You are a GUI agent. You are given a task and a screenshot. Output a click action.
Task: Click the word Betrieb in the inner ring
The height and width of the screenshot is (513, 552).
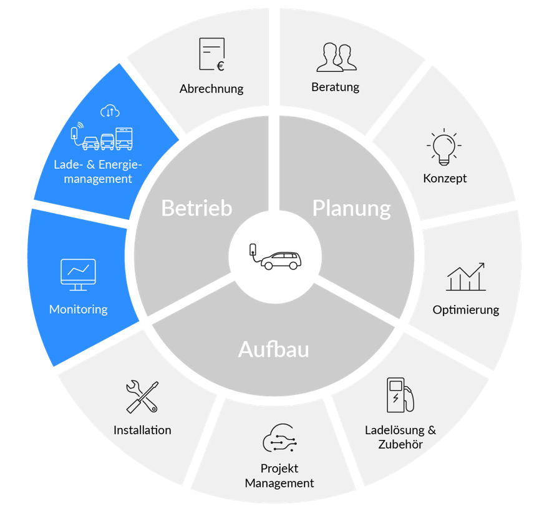coord(196,208)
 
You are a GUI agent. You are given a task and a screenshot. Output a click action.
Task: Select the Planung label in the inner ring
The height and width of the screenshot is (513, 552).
coord(351,208)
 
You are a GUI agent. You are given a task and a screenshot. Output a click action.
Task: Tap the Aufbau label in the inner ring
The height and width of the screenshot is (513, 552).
coord(274,349)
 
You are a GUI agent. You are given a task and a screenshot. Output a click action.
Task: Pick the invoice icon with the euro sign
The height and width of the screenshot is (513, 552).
coord(211,55)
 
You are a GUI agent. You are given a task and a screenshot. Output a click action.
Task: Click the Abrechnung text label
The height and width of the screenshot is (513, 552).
coord(211,89)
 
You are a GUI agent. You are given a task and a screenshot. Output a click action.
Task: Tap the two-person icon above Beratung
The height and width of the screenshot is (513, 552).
coord(336,57)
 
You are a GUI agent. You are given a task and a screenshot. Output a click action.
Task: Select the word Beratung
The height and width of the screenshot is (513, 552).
coord(336,87)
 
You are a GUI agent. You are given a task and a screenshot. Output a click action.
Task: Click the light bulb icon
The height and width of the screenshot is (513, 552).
coord(444,147)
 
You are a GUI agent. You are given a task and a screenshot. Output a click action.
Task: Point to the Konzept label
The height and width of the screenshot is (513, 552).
coord(445,178)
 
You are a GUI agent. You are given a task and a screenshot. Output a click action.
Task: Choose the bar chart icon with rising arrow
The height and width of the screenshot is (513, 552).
coord(466,277)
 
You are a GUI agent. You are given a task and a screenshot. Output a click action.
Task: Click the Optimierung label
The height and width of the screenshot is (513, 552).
coord(466,310)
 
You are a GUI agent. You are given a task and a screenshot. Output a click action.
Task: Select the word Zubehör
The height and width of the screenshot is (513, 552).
coord(400,445)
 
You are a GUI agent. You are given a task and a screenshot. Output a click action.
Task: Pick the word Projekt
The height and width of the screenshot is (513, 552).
coord(279,469)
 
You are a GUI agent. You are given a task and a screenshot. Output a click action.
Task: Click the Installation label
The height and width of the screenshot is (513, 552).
coord(142,430)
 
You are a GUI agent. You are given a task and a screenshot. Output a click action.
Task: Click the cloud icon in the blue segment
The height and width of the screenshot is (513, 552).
coord(110,111)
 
